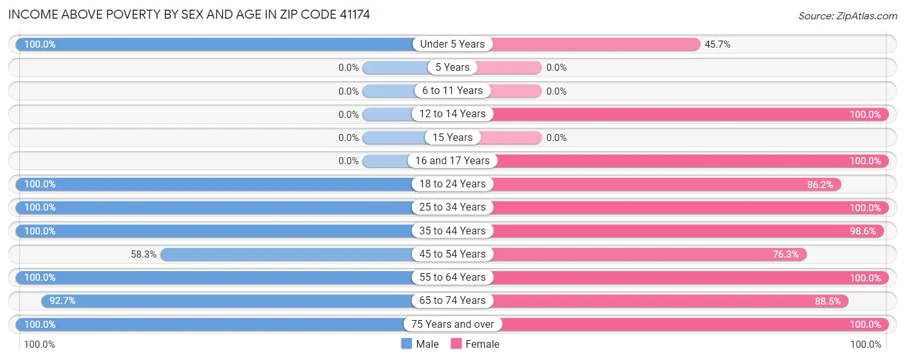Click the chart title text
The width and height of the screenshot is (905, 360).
189,14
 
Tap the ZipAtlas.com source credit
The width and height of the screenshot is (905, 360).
848,15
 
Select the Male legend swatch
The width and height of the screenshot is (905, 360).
406,344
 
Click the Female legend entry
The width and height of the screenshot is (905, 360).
475,344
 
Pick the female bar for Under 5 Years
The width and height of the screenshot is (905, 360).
595,44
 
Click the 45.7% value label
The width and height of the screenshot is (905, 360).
718,44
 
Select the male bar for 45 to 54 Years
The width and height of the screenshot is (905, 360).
286,254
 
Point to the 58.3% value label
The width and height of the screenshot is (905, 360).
144,254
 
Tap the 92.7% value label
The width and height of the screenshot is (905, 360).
62,301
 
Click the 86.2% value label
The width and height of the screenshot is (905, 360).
820,185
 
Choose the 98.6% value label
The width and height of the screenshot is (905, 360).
863,231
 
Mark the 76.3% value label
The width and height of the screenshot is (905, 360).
786,254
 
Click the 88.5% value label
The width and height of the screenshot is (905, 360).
827,301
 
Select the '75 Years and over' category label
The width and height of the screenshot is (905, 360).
452,324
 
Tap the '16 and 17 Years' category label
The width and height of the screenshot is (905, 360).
452,161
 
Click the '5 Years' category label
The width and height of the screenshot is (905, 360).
452,68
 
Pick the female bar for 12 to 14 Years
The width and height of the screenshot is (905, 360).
689,115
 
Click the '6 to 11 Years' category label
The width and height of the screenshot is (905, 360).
452,91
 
